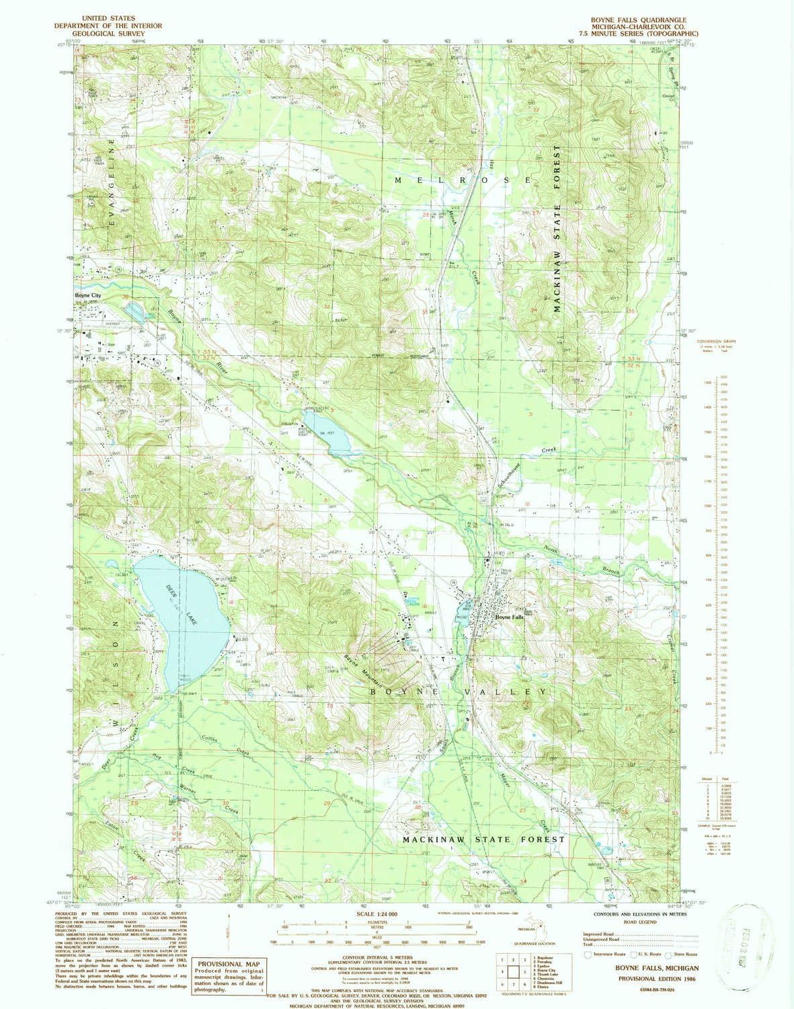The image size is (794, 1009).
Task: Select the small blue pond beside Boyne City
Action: click(x=134, y=311)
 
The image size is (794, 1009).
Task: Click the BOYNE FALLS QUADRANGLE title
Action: click(x=645, y=20)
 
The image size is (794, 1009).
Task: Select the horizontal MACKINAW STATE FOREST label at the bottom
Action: click(x=483, y=839)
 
